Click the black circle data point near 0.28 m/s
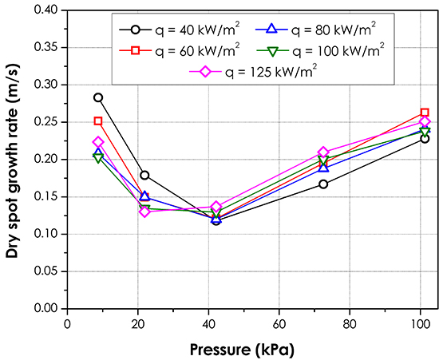(98, 97)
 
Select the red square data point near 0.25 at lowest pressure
(98, 121)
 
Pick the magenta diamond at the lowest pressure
(98, 142)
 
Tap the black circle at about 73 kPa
(323, 184)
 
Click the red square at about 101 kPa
(425, 113)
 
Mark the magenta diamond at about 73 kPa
(323, 152)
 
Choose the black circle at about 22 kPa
(144, 175)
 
